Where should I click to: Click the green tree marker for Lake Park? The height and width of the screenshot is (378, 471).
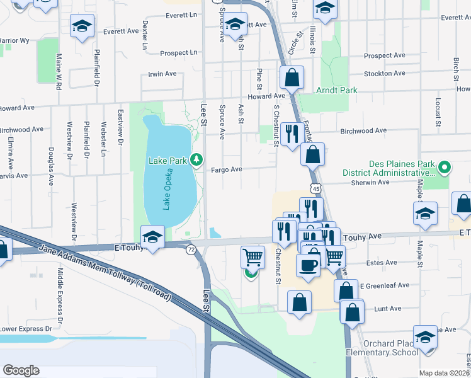[x=197, y=160]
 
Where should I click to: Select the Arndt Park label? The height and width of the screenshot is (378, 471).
[x=337, y=90]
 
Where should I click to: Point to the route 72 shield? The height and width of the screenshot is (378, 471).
[x=190, y=250]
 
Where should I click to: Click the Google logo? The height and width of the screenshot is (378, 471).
[x=21, y=370]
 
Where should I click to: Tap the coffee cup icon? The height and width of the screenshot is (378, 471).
[x=308, y=265]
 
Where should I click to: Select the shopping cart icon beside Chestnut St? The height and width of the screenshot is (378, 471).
[x=253, y=256]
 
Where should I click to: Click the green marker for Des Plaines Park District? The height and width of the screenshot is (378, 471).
[x=444, y=168]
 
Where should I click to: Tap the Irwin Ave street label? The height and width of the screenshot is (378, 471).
[x=162, y=74]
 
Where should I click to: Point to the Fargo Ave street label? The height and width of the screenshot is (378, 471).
[x=227, y=169]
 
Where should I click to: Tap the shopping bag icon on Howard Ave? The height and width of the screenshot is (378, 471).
[x=292, y=78]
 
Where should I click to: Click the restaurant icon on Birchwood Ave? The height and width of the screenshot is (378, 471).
[x=291, y=134]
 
